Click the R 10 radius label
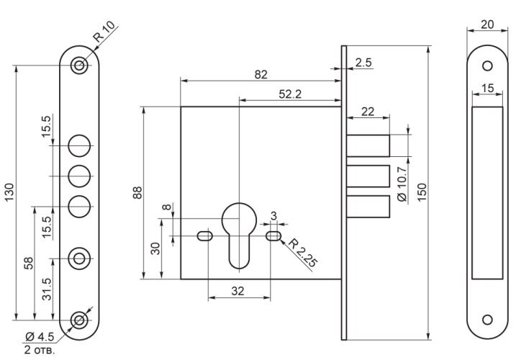pos(104,31)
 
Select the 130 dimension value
pos(9,192)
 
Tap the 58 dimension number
pos(30,264)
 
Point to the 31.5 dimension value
pos(47,289)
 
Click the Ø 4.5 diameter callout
pos(40,337)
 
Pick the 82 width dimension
pos(261,75)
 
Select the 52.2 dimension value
pos(290,94)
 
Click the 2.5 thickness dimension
pos(363,62)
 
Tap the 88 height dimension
pos(137,193)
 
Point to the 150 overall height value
pos(422,192)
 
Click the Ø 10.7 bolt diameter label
pos(402,184)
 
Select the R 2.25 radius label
pos(303,253)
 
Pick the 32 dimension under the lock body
pos(237,291)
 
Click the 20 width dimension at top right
pos(487,24)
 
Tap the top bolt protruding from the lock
pos(368,145)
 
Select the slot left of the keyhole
pos(205,236)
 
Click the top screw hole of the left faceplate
pos(79,66)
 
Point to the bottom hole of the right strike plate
pos(487,320)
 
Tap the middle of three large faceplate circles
pos(79,176)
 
